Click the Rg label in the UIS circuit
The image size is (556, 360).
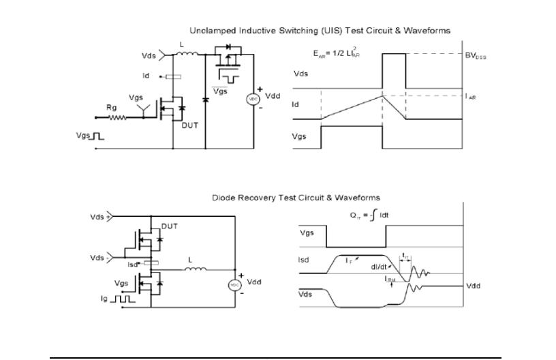click(x=110, y=107)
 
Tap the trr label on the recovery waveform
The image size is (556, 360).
click(x=405, y=256)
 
